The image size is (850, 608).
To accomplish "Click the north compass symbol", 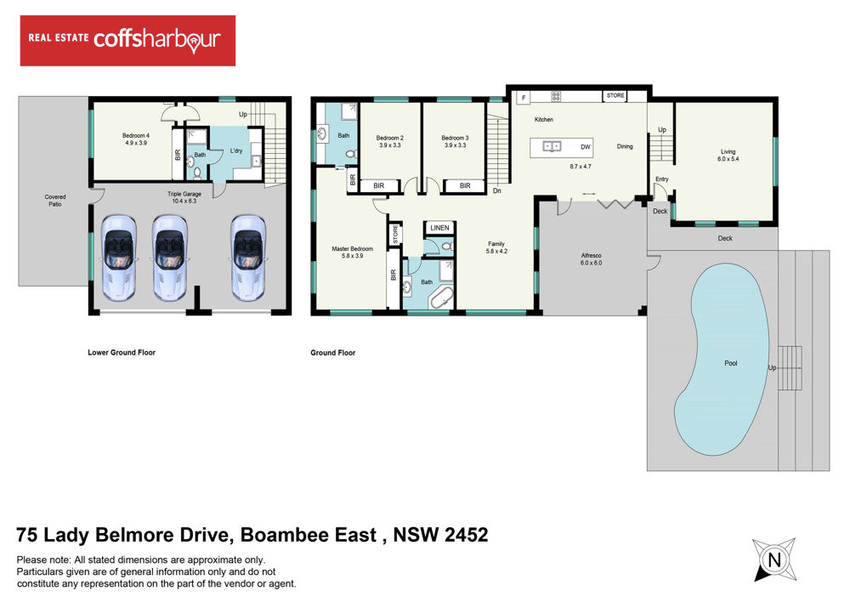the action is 774,560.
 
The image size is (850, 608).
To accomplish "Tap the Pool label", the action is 731,363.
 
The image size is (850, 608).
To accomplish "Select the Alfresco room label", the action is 591,259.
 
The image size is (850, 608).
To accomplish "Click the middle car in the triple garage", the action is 170,257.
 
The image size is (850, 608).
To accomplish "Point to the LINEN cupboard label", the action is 439,228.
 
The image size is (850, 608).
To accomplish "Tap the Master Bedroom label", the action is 353,253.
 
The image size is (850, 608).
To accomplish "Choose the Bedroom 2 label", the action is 390,141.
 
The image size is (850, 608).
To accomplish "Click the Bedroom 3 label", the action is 455,141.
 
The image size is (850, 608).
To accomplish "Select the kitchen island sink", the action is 552,146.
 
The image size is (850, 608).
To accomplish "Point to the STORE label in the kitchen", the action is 615,95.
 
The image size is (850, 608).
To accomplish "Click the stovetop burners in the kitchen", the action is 556,97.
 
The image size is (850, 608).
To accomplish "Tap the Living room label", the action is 728,156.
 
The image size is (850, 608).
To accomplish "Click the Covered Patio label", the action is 54,201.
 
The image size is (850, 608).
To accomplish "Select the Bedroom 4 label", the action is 135,139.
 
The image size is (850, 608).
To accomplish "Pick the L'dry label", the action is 236,151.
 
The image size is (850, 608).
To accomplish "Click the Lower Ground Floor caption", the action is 122,353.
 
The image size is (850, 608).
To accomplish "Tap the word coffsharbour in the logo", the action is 157,40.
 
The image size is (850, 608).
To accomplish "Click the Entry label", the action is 662,179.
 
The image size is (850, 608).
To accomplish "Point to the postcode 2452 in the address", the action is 466,535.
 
